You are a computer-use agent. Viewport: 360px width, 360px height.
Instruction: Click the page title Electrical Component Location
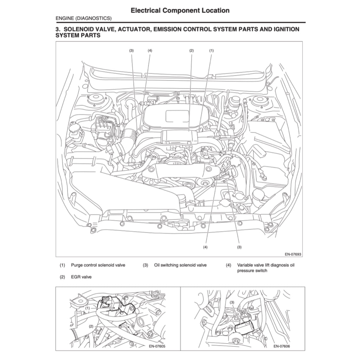click(x=180, y=11)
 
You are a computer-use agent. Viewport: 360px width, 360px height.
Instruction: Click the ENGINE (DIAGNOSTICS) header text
click(x=84, y=18)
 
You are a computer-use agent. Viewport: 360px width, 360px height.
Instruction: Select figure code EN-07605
click(x=156, y=346)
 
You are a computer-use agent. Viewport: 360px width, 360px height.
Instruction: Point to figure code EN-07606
click(x=282, y=346)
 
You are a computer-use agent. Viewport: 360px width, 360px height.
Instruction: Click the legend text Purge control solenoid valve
click(x=98, y=265)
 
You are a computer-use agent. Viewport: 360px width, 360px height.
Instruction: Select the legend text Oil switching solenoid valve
click(x=180, y=265)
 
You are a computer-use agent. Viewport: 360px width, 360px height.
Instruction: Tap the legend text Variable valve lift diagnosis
click(x=266, y=265)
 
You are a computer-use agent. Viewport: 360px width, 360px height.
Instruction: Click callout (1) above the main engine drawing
click(x=212, y=51)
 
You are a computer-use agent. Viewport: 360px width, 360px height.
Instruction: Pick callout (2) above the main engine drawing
click(x=192, y=51)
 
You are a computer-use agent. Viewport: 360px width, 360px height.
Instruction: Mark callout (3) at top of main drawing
click(x=131, y=51)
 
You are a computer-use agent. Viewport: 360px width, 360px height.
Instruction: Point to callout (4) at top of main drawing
click(x=150, y=51)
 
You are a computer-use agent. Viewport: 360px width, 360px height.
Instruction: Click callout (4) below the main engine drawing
click(x=205, y=247)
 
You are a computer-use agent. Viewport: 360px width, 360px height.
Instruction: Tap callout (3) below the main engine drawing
click(x=239, y=247)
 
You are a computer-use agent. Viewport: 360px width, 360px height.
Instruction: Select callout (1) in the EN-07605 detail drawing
click(x=87, y=308)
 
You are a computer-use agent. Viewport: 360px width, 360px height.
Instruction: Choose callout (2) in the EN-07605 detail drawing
click(x=91, y=326)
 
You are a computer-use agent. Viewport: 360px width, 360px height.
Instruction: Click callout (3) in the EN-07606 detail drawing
click(x=232, y=302)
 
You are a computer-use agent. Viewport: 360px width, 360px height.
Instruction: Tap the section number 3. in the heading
click(x=58, y=29)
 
